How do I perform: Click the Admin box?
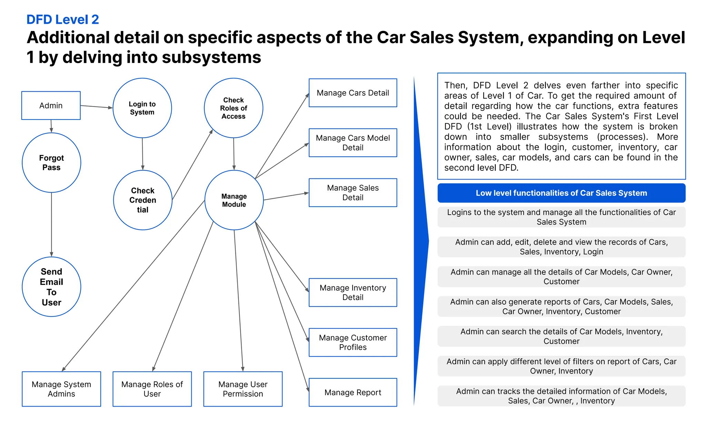tap(51, 105)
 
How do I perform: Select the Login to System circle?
tap(142, 108)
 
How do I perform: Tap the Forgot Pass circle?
tap(51, 163)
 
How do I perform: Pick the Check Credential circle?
tap(143, 200)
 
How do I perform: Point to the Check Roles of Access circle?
tap(233, 108)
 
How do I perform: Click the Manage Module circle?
tap(234, 200)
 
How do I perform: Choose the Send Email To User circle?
tap(51, 287)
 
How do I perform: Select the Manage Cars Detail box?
tap(353, 93)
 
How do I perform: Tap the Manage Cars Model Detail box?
tap(353, 143)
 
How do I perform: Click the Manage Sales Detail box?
tap(353, 193)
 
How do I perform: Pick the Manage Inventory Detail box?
tap(353, 293)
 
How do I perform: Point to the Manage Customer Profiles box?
tap(353, 342)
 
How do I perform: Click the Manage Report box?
tap(353, 392)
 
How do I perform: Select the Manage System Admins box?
tap(61, 389)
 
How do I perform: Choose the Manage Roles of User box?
tap(152, 389)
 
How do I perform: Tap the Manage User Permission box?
tap(243, 389)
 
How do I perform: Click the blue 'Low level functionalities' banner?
tap(561, 193)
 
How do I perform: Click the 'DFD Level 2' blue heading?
tap(63, 20)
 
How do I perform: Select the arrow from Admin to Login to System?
tap(97, 107)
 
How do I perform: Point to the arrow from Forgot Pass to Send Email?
tap(51, 224)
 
